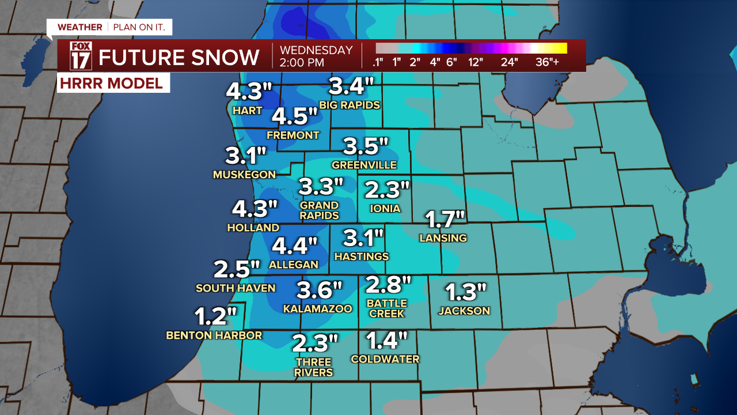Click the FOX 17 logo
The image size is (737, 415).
point(80,56)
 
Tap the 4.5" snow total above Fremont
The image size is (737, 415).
point(295,116)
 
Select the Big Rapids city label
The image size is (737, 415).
point(349,105)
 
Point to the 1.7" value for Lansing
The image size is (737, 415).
point(445,220)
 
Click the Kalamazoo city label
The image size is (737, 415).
point(317,309)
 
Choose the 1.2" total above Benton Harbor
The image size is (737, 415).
point(215,316)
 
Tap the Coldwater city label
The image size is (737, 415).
point(385,359)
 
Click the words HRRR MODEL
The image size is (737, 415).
point(111,84)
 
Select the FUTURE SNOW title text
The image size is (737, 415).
point(179,57)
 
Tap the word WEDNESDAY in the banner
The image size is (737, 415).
point(316,50)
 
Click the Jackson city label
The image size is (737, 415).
point(464,311)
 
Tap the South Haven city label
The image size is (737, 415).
point(235,288)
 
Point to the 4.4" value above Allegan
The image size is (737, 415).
point(295,246)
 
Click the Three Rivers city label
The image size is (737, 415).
point(313,367)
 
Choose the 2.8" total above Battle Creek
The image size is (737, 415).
point(389,284)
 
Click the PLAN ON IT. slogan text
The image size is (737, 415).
point(140,27)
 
